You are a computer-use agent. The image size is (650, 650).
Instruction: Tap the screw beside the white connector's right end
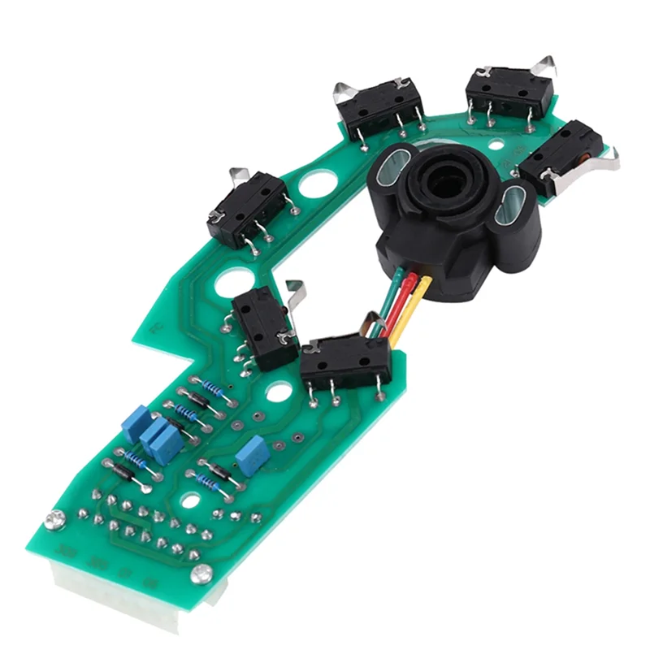[x=198, y=574]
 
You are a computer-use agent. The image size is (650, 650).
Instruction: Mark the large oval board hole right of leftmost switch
[x=313, y=183]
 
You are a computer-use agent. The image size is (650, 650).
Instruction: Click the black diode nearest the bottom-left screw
[x=122, y=469]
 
